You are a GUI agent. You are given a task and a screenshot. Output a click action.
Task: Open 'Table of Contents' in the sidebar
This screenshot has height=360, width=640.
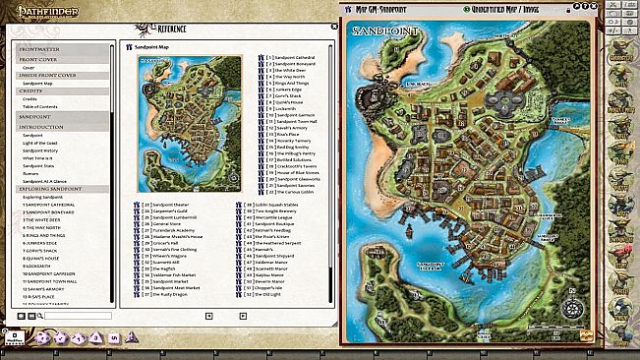click(x=38, y=106)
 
